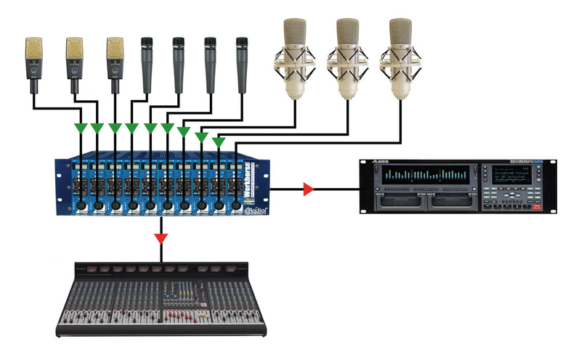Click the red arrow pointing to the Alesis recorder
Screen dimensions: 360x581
[308, 190]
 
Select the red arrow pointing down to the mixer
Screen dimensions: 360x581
[161, 237]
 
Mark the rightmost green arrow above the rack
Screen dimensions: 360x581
[218, 142]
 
